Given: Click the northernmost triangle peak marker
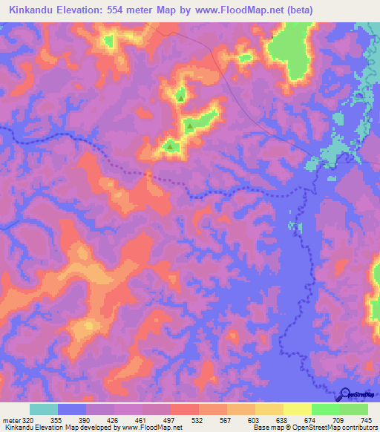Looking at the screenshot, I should tap(180, 96).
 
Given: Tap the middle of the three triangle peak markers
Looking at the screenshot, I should tap(190, 126).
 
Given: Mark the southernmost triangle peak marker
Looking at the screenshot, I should tap(171, 146).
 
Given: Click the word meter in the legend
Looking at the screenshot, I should tap(10, 420).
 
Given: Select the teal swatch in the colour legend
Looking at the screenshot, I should tap(44, 409).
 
